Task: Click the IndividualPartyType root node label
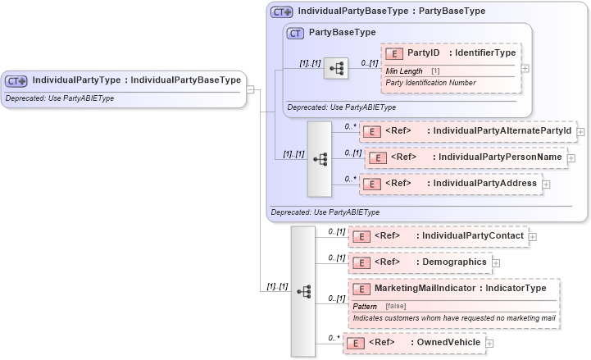136,80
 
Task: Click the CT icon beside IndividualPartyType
16,81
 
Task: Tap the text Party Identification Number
430,83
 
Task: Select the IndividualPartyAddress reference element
484,184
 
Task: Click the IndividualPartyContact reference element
473,236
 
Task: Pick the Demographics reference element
453,262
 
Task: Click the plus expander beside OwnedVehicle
490,343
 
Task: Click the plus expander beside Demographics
496,263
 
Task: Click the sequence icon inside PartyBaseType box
335,69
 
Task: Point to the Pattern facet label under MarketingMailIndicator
371,306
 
